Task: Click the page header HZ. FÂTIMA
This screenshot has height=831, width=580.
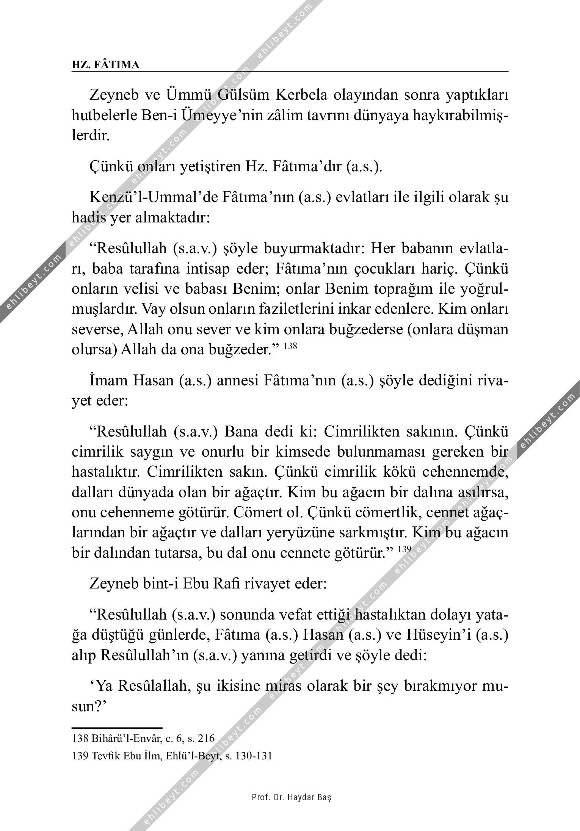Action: [106, 65]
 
